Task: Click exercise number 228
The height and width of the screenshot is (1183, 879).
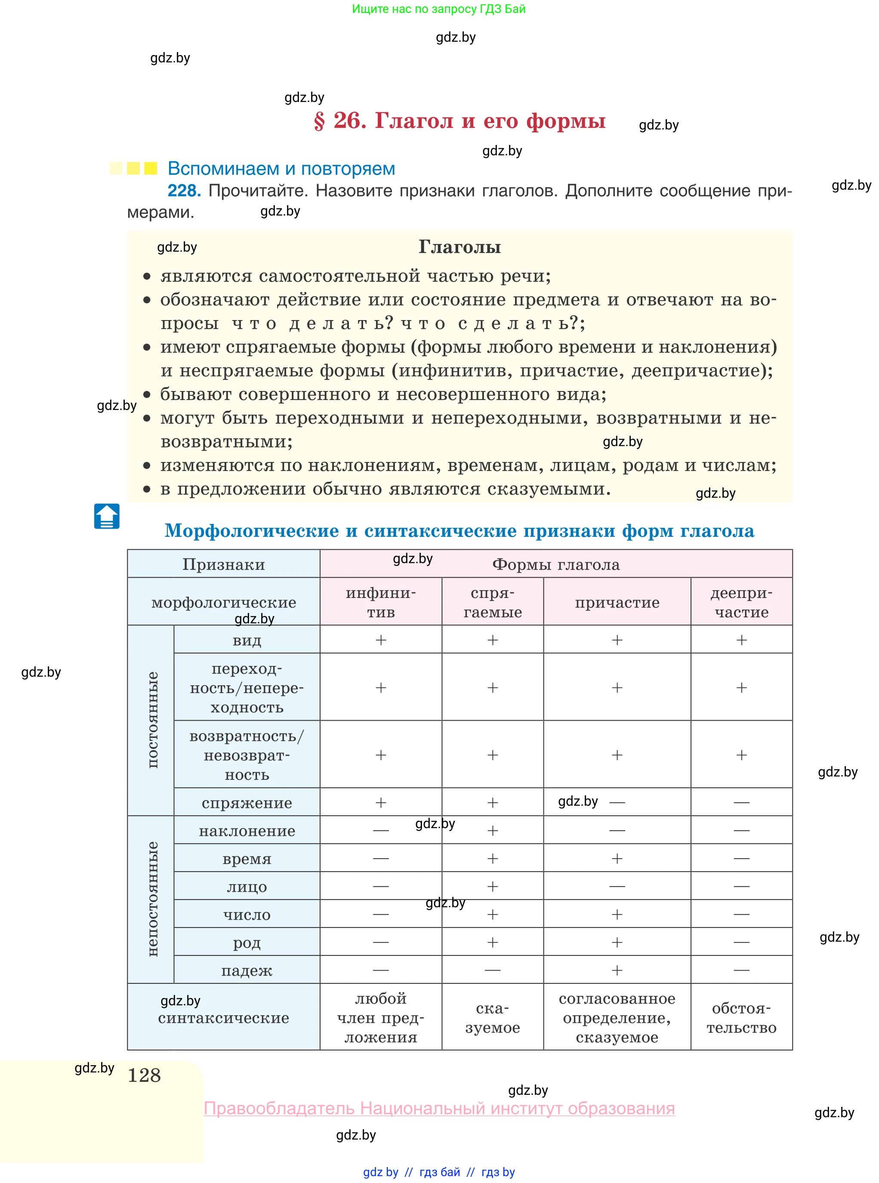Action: [184, 191]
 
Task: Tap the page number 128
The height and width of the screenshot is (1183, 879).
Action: [144, 1075]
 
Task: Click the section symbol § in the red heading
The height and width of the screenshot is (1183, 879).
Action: [319, 121]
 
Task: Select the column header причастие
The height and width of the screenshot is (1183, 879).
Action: [617, 602]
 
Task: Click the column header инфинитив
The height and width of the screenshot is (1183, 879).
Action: [380, 602]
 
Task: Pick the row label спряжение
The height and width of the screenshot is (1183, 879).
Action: [247, 803]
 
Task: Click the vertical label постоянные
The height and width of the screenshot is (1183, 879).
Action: [152, 720]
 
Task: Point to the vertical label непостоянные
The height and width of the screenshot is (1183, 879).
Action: [152, 899]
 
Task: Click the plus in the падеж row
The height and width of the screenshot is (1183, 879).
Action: [617, 970]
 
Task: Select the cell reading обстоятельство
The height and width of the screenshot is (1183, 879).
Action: [741, 1017]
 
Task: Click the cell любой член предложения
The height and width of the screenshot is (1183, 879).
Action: [380, 1017]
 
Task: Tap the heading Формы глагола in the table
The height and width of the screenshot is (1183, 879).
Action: [555, 564]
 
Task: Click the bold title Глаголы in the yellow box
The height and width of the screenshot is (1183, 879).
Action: [459, 247]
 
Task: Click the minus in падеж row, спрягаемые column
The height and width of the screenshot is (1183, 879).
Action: [492, 970]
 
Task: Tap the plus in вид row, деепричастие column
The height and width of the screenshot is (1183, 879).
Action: [741, 640]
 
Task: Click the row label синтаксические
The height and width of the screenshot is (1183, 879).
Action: [223, 1017]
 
